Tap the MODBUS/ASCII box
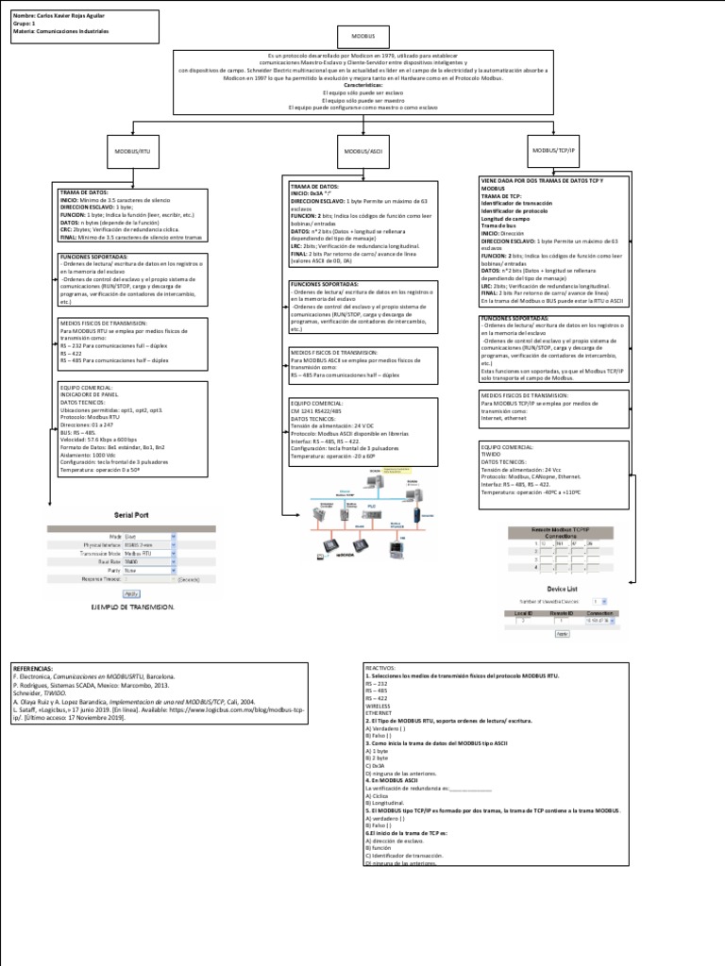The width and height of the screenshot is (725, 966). click(362, 151)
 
